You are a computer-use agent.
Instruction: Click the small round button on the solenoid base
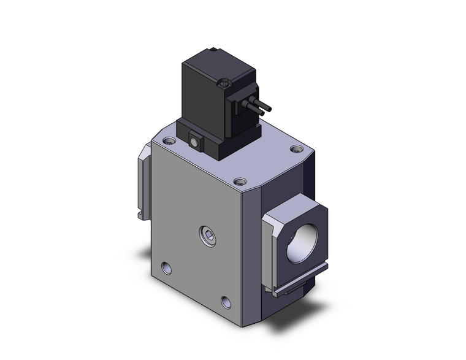click(194, 142)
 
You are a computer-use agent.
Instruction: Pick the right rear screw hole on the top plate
click(296, 149)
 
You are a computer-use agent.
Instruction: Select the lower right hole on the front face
click(226, 302)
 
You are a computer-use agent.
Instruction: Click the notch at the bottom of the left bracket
click(140, 215)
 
